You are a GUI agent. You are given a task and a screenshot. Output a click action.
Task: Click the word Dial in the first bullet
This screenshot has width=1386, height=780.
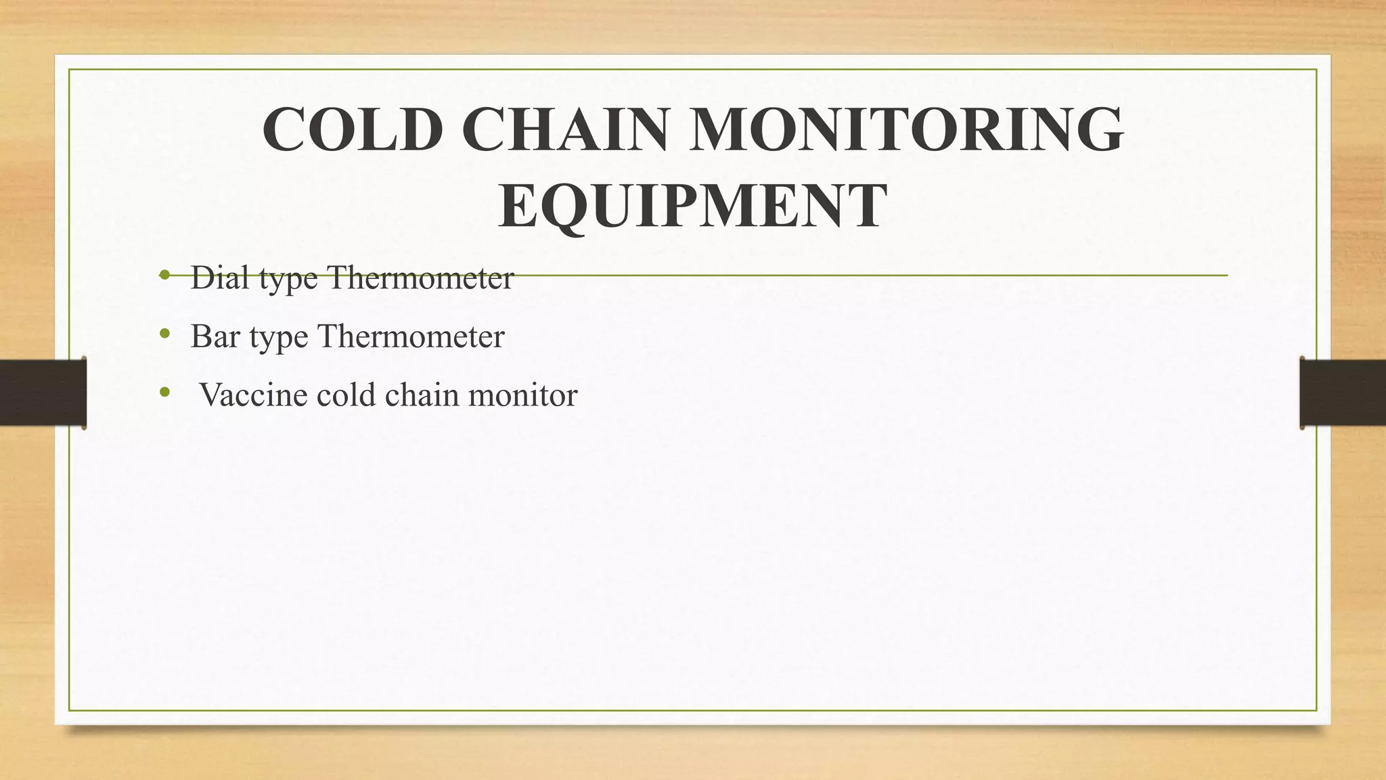point(221,277)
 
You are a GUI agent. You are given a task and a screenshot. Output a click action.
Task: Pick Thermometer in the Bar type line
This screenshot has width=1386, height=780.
point(411,336)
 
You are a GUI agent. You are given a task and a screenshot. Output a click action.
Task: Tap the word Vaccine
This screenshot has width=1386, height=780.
point(253,395)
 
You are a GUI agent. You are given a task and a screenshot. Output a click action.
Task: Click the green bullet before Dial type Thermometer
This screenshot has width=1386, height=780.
point(164,275)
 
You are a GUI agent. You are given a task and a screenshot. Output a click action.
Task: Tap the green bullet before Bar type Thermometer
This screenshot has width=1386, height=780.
point(164,333)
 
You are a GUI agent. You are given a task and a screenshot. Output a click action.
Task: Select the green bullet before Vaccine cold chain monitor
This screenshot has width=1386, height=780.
point(164,392)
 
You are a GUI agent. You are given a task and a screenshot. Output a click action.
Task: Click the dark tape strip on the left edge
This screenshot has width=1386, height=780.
point(43,393)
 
